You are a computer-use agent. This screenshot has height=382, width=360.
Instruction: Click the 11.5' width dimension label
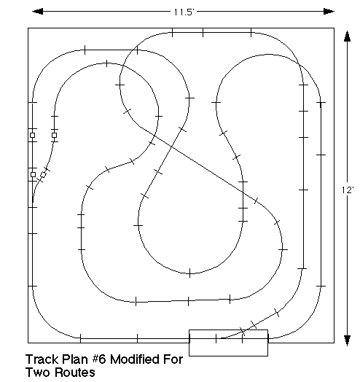click(184, 12)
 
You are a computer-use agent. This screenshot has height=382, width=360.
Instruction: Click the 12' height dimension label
click(348, 190)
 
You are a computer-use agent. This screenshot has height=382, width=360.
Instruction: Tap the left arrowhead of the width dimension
click(37, 12)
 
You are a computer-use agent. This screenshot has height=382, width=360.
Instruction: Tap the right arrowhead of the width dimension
click(329, 12)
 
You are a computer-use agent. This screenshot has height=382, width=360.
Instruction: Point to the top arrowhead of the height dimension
click(347, 36)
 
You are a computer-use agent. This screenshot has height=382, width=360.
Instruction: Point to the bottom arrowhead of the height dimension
click(347, 340)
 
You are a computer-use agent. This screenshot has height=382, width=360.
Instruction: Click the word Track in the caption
click(42, 359)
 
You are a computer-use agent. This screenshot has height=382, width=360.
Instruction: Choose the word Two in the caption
click(38, 373)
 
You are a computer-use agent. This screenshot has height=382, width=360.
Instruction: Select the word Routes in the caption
click(74, 373)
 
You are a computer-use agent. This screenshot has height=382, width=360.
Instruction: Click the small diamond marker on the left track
click(43, 174)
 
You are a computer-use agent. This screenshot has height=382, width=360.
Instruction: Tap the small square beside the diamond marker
click(33, 174)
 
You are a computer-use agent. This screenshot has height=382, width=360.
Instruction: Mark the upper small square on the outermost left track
click(32, 135)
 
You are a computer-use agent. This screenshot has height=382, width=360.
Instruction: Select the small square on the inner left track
click(55, 135)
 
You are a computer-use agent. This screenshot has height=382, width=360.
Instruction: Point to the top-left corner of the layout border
click(28, 28)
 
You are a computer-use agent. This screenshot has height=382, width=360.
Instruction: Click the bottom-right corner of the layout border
click(334, 343)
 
